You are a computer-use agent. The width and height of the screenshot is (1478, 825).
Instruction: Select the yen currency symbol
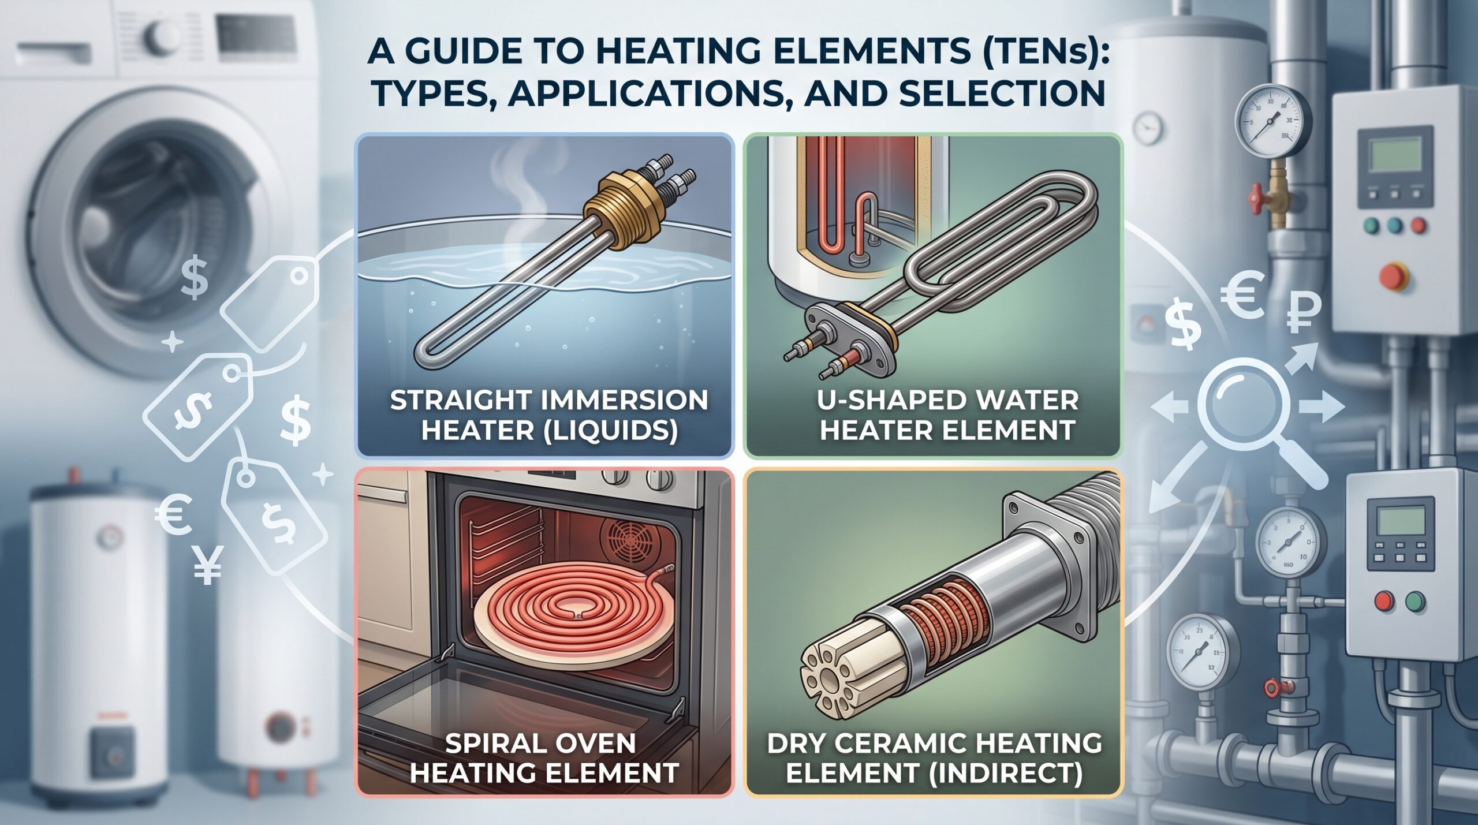coord(206,562)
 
